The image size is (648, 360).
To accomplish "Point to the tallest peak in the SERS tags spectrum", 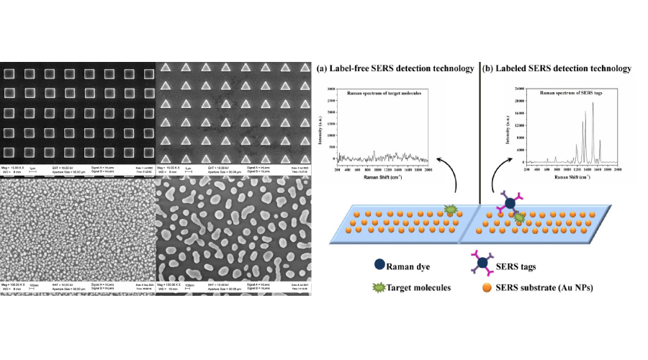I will (x=593, y=104).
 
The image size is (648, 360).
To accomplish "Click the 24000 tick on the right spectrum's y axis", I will (x=518, y=89).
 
